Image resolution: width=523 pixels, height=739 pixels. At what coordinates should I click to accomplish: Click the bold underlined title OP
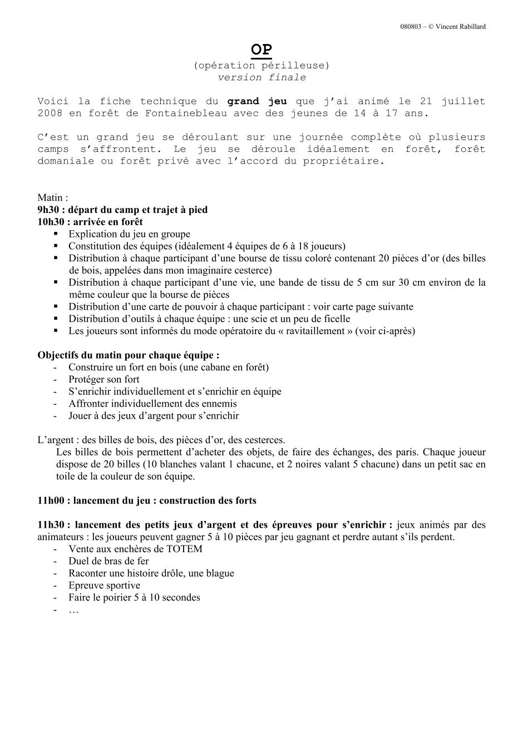click(x=261, y=50)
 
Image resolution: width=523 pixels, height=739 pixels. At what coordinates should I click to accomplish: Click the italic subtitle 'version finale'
click(x=261, y=78)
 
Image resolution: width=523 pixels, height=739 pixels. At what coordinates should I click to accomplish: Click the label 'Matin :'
click(x=53, y=197)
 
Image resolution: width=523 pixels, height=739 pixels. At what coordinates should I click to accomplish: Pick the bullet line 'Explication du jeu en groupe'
click(x=129, y=234)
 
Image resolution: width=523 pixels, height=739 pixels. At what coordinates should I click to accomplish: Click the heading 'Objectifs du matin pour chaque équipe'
click(x=128, y=355)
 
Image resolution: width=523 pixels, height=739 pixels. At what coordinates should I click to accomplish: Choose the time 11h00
click(x=51, y=500)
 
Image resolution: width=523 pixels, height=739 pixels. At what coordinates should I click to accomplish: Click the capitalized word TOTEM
click(x=184, y=549)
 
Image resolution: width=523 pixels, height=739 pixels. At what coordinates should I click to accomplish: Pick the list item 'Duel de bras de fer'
click(x=108, y=561)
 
